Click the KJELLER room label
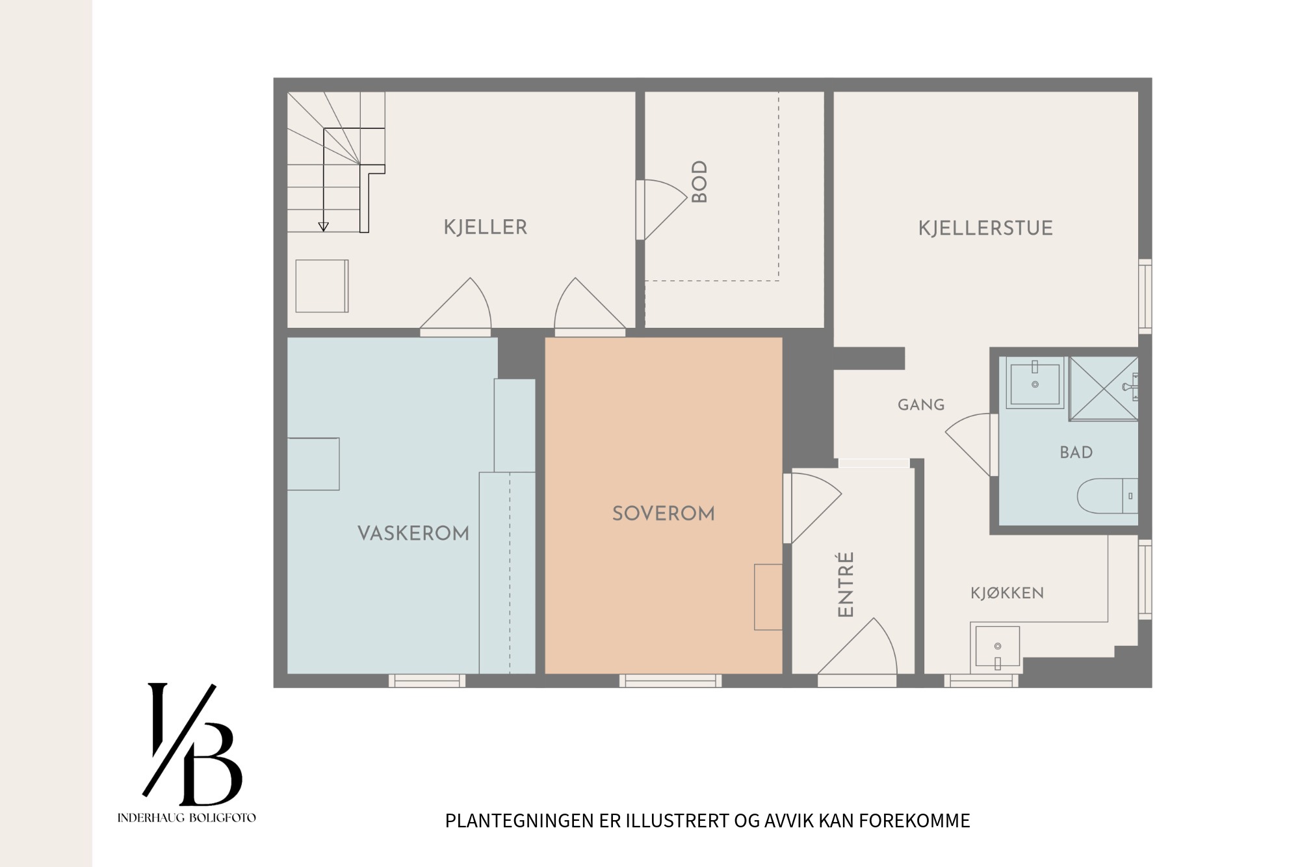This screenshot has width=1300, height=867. click(486, 227)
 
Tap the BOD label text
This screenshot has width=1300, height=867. click(699, 182)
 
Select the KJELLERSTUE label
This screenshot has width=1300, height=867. click(985, 228)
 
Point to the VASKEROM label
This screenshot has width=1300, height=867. click(413, 533)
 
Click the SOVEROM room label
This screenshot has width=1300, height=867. click(664, 514)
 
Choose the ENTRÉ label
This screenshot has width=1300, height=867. click(846, 584)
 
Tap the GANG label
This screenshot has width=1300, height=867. click(921, 405)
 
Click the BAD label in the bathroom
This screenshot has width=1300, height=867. click(1076, 453)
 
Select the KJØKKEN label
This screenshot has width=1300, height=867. click(1007, 593)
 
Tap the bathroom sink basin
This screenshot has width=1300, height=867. click(1035, 383)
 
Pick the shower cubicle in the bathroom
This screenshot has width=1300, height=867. click(1104, 388)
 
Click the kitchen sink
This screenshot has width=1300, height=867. click(997, 648)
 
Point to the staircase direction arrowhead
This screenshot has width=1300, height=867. click(323, 227)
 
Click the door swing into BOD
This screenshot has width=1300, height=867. click(662, 209)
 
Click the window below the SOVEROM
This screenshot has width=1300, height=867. click(670, 681)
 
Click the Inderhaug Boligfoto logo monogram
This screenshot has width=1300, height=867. click(192, 744)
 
